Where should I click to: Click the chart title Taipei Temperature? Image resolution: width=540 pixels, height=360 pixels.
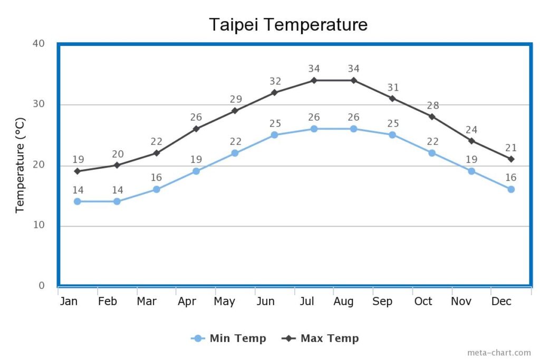(x=288, y=24)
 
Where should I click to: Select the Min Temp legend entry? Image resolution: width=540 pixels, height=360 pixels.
(x=229, y=338)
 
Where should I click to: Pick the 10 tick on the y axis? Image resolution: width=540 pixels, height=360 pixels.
(x=38, y=225)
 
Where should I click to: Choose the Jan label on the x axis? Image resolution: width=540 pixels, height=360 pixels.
(x=69, y=301)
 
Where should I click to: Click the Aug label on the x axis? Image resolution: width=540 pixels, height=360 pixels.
(x=343, y=301)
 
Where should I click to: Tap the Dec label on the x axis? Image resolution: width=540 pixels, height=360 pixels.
(x=501, y=301)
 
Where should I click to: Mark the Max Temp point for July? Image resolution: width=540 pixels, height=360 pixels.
(x=314, y=80)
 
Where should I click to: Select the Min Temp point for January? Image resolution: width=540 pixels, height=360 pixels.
(x=78, y=201)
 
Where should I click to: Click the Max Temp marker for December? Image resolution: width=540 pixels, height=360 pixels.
(x=511, y=159)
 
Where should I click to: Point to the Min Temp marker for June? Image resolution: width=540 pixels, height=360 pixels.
(x=274, y=135)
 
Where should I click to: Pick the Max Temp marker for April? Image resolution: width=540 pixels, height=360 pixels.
(x=196, y=129)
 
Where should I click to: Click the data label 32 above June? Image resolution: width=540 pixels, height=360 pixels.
(x=275, y=81)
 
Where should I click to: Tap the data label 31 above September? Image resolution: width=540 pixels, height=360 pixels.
(x=393, y=87)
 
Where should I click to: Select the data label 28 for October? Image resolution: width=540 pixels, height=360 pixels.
(x=432, y=105)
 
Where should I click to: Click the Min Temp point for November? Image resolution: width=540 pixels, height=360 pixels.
(x=471, y=171)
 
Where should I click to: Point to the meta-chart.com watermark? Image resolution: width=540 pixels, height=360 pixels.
(x=499, y=353)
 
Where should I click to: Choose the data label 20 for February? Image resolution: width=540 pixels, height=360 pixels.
(x=117, y=154)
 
